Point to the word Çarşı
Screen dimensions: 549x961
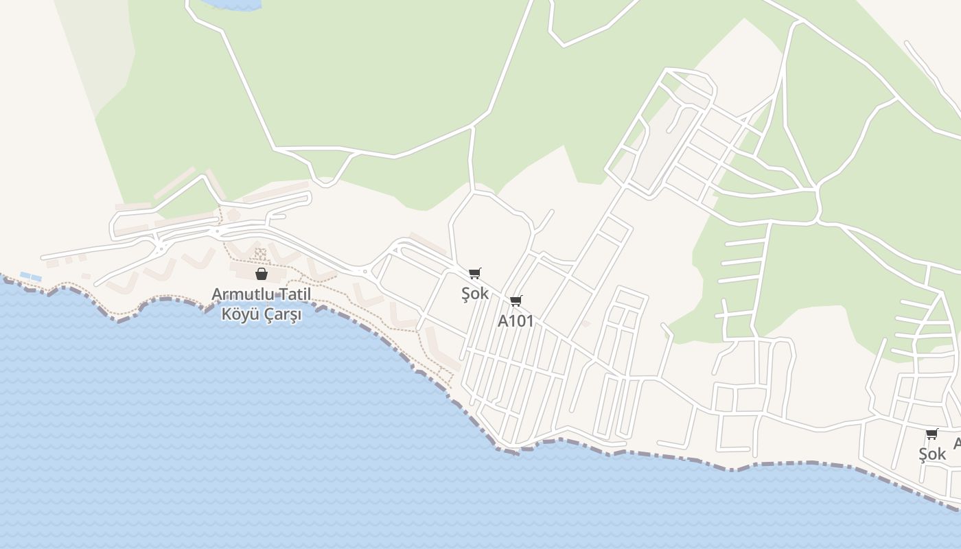[280, 315]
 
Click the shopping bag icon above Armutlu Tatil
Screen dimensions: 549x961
[261, 274]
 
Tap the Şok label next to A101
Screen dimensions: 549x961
[475, 293]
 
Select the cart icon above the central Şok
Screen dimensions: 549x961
[475, 273]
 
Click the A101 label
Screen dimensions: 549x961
[516, 321]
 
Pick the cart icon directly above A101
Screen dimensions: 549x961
[516, 301]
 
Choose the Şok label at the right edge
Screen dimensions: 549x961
[932, 454]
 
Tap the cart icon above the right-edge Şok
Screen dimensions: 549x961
[931, 434]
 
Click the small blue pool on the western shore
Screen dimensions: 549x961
[31, 277]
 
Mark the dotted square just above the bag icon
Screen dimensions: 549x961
[260, 254]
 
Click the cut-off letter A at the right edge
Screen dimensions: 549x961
[957, 443]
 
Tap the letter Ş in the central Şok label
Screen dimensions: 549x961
[466, 294]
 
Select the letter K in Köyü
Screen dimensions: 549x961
[226, 315]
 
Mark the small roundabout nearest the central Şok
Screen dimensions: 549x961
[365, 272]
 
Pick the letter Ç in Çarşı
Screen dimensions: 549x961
[265, 315]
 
